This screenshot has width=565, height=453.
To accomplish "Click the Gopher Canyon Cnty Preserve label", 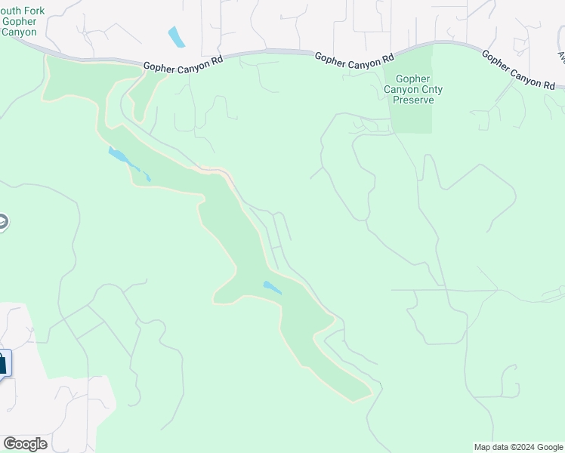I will pos(413,89).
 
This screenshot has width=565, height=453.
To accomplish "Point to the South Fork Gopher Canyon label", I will pos(20,21).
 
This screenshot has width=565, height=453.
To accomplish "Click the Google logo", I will pos(25,444).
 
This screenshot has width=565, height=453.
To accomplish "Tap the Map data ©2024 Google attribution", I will pos(518,447).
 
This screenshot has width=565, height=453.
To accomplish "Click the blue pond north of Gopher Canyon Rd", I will pos(176,36).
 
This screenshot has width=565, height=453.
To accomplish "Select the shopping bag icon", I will pos(2,362).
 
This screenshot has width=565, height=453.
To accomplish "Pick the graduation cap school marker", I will pos(2,223).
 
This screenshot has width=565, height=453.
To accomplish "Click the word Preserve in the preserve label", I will pos(413,100).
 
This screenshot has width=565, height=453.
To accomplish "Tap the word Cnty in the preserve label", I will pos(431,89).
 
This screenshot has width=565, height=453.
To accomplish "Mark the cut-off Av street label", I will pos(561,56).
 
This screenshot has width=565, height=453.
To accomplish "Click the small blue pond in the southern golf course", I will pos(272,288).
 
